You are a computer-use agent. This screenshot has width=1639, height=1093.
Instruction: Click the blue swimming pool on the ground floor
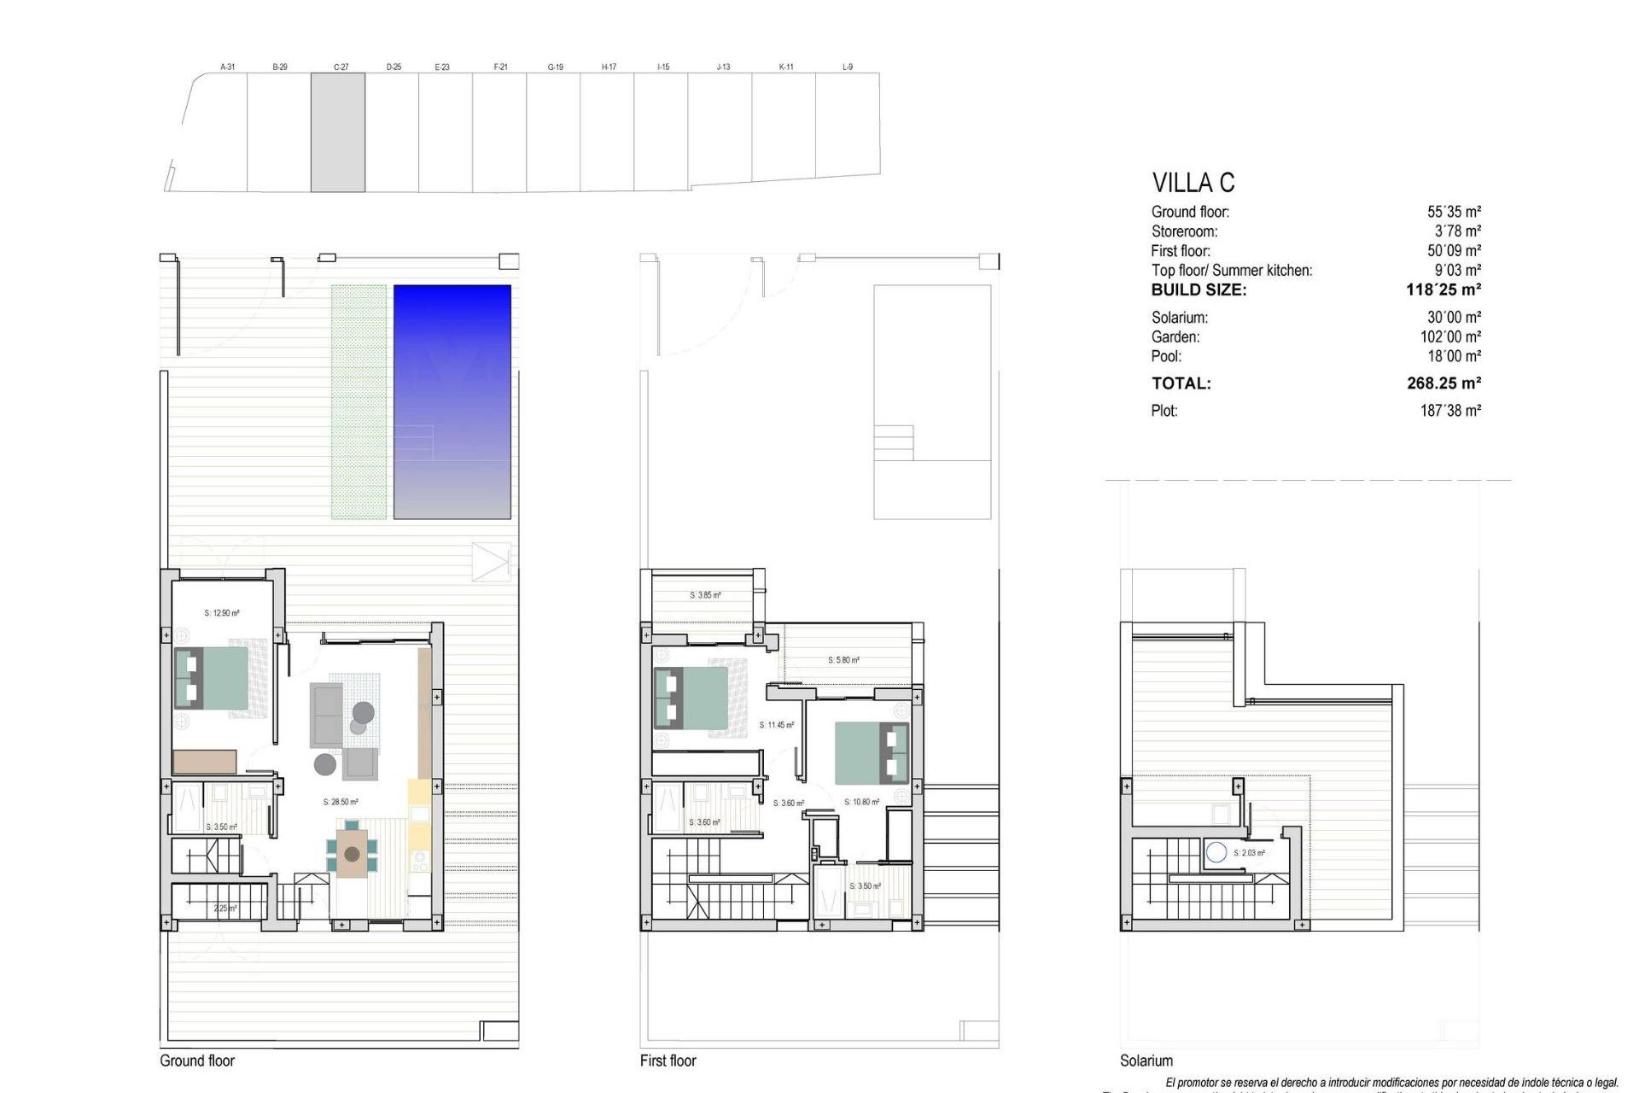[x=452, y=401]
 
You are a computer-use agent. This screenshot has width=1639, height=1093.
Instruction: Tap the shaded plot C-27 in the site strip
[x=338, y=132]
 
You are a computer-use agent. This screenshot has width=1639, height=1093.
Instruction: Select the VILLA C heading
[x=1193, y=183]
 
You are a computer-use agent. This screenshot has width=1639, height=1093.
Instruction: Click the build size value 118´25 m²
[x=1443, y=290]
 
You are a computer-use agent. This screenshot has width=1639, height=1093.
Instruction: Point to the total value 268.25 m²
[x=1444, y=383]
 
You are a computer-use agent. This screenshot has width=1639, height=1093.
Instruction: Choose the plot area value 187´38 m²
[x=1449, y=411]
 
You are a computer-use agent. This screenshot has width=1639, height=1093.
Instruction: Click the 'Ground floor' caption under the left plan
[x=197, y=1061]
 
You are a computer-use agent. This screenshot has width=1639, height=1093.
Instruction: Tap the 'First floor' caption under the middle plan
[x=668, y=1061]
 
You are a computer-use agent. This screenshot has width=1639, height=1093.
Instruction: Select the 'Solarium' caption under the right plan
[x=1146, y=1061]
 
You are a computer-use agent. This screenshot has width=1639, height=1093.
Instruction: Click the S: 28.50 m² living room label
[x=341, y=802]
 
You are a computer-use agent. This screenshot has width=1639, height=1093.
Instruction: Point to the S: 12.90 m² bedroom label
[x=222, y=613]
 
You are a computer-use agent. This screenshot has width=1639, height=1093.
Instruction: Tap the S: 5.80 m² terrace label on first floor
[x=843, y=660]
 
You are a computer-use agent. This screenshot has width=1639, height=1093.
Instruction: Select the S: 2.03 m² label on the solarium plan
[x=1249, y=853]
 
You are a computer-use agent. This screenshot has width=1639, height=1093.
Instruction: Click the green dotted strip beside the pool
[x=359, y=401]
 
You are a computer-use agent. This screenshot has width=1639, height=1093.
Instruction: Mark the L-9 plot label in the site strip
[x=847, y=67]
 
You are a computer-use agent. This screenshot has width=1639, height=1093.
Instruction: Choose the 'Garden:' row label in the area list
[x=1175, y=337]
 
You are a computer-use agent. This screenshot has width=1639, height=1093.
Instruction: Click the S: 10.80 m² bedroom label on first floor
[x=861, y=802]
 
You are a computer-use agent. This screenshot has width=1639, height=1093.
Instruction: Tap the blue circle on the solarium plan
[x=1216, y=851]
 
